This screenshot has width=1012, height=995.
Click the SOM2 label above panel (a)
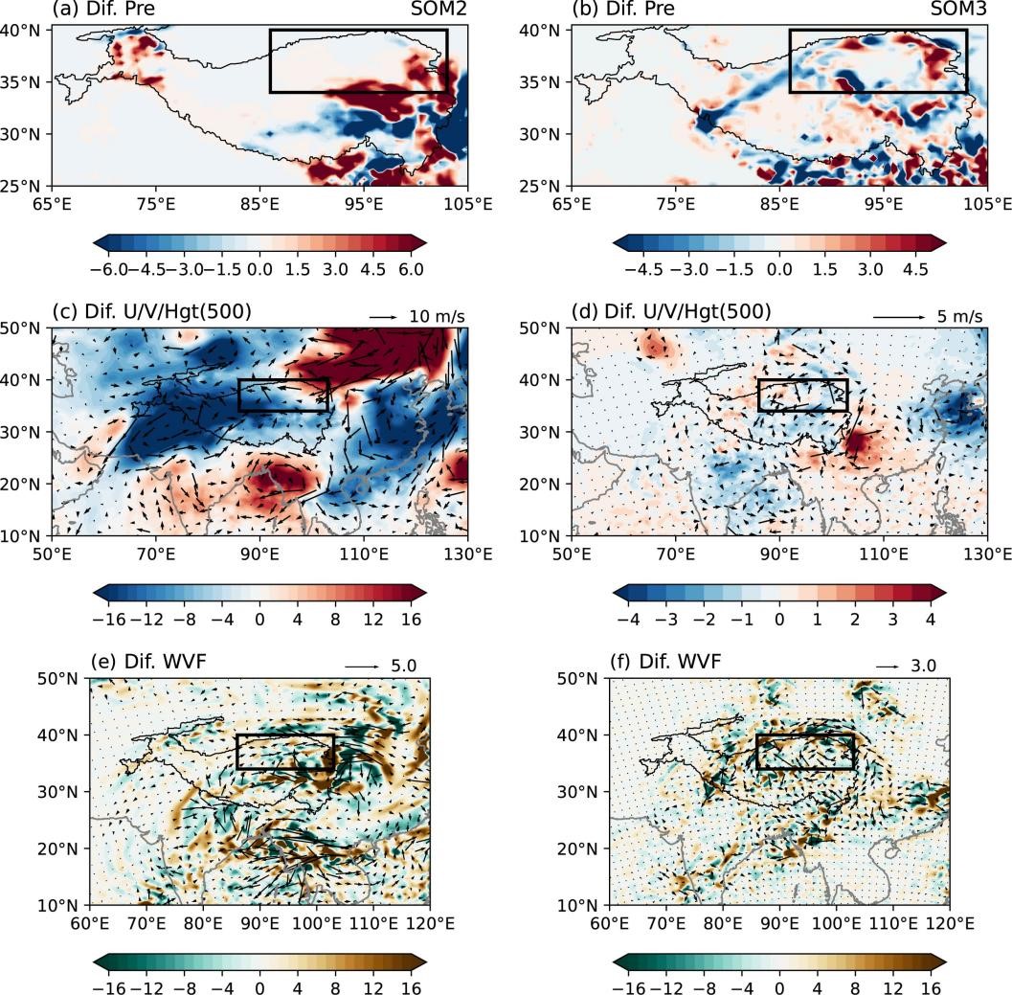tap(439, 9)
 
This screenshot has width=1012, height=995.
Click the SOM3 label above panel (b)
tap(957, 9)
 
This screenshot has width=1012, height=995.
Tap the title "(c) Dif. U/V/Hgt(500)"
tap(151, 311)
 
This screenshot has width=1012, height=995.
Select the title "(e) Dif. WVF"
tap(148, 662)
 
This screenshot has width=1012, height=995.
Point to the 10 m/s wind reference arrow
tap(383, 317)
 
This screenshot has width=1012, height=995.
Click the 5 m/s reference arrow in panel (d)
tap(899, 317)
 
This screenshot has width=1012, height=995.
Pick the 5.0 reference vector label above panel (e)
tap(404, 666)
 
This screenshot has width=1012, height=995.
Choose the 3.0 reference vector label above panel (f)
tap(923, 666)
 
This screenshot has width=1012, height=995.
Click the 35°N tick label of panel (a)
tap(20, 82)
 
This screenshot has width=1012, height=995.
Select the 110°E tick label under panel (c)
tap(364, 554)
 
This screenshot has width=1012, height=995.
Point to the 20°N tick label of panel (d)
tap(540, 485)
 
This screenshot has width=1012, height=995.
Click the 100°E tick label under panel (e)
tap(316, 923)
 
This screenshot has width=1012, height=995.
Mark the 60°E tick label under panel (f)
tap(610, 923)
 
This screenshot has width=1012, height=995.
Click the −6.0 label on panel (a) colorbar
tap(109, 269)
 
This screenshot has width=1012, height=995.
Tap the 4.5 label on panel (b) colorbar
tap(915, 269)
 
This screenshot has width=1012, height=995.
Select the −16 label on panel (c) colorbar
tap(109, 620)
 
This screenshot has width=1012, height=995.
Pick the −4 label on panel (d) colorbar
tap(629, 620)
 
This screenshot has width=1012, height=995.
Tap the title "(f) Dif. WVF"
tap(666, 662)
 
